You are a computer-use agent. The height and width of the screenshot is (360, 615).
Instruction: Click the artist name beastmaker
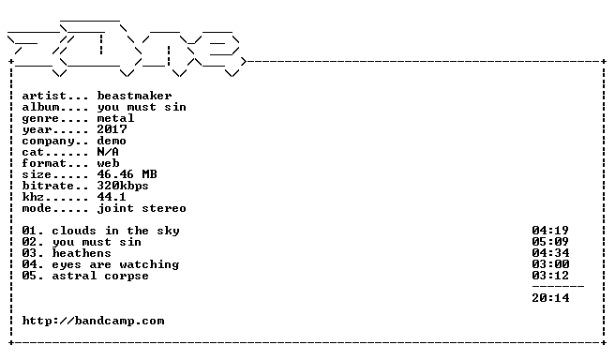[x=134, y=96]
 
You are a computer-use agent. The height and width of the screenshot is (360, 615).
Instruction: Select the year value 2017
[x=112, y=129]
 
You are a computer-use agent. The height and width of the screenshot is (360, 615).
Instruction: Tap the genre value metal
[x=115, y=118]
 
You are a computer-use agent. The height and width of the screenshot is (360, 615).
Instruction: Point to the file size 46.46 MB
[x=127, y=174]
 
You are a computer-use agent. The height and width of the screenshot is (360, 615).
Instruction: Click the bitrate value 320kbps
[x=123, y=186]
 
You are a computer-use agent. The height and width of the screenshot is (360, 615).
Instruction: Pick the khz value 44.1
[x=112, y=197]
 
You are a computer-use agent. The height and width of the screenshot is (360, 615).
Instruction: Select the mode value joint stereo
[x=142, y=208]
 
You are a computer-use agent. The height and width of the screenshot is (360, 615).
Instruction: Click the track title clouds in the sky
[x=115, y=231]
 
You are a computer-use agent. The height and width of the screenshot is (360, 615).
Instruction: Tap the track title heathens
[x=82, y=253]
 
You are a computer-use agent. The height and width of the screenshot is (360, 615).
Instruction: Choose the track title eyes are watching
[x=115, y=264]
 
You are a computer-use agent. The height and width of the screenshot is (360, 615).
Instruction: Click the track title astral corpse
[x=100, y=276]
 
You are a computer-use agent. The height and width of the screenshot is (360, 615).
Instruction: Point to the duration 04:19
[x=550, y=231]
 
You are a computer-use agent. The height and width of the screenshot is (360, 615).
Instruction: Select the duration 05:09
[x=550, y=242]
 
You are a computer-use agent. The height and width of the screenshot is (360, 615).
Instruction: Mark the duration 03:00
[x=550, y=264]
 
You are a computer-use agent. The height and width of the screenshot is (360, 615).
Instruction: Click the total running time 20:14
[x=550, y=298]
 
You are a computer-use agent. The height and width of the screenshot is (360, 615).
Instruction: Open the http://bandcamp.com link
[x=93, y=321]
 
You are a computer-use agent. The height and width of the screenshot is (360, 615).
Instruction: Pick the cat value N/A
[x=108, y=152]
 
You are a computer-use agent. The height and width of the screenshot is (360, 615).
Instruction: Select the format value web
[x=108, y=163]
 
